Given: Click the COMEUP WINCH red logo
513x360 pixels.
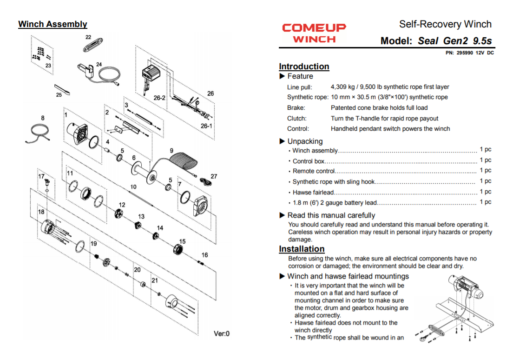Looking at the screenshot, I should coord(314,33).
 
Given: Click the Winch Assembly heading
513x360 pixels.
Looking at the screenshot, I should coord(53,24).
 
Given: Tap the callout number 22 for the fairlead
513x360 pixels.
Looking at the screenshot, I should coord(88,37).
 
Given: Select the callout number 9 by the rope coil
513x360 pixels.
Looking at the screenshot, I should coord(171,151).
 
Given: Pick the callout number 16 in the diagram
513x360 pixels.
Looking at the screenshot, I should coord(204,255).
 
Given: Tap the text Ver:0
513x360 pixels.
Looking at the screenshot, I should coord(221,333).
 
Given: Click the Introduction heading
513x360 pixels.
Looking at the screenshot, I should coord(304,67).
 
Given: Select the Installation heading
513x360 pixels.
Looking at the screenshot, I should coord(302,249).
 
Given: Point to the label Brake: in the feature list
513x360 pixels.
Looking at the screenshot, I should coord(296,108).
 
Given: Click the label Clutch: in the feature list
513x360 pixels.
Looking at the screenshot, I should coord(297,119).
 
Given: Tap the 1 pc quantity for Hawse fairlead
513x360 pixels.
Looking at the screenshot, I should coord(485,192).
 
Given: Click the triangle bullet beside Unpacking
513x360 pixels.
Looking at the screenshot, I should coord(282,141).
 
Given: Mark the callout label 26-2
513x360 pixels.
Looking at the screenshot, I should coord(159,98).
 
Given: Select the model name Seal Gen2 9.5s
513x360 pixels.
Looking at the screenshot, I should coord(454,40).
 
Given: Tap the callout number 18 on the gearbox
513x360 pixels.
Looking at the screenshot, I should coord(41,212).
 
